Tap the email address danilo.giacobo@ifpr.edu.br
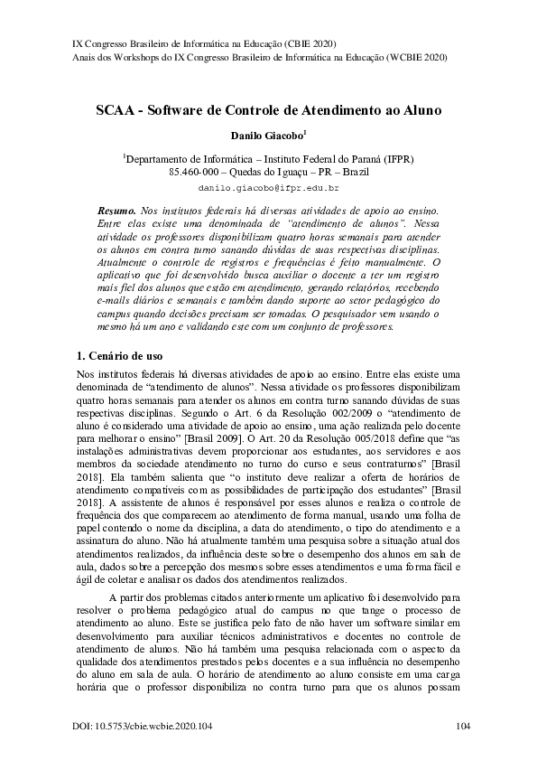(268, 188)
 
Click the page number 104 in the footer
(464, 725)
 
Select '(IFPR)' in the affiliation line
(398, 157)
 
